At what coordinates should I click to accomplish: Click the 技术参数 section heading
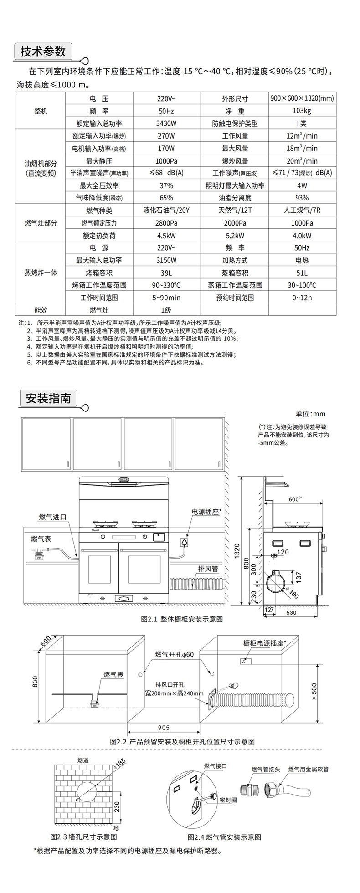click(43, 51)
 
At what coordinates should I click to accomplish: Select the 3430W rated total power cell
click(166, 123)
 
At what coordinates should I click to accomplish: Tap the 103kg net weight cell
click(302, 111)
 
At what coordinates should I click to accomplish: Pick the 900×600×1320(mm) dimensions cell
click(302, 98)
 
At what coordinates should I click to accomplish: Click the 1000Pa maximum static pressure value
click(166, 161)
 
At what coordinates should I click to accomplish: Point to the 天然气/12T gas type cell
click(235, 210)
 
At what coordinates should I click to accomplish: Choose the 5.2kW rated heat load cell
click(235, 236)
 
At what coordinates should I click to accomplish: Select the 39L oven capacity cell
click(166, 272)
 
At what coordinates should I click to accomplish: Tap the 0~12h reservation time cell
click(302, 298)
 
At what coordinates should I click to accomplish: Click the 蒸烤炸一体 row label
click(41, 272)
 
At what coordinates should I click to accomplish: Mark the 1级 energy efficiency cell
click(166, 310)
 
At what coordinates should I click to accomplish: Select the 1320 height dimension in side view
click(237, 553)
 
